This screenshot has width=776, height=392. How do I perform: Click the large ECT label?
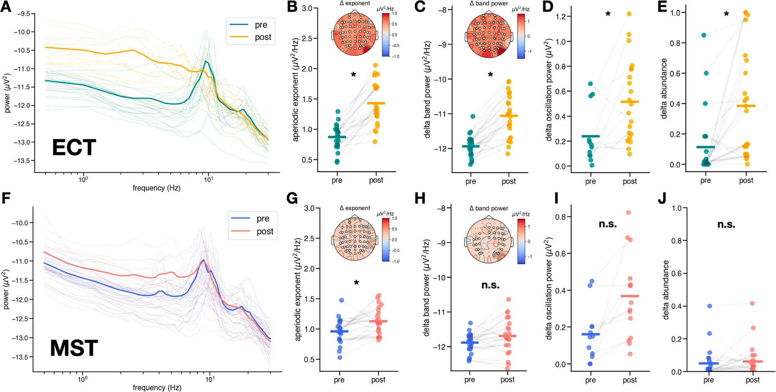(x=74, y=148)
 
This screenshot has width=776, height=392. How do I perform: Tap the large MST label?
(x=74, y=348)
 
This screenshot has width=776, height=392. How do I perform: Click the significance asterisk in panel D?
(x=608, y=14)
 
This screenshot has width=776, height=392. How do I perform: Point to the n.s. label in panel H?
(x=490, y=285)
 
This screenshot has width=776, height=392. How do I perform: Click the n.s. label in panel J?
(x=726, y=224)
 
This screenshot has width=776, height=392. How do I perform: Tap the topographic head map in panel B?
(x=355, y=34)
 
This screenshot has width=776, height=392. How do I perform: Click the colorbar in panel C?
(x=521, y=36)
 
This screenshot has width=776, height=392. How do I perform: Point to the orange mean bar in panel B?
(x=376, y=103)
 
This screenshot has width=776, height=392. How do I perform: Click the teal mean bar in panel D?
(x=591, y=136)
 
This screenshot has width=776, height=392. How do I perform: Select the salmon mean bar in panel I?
(x=630, y=296)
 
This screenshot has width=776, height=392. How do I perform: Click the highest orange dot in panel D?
(x=629, y=14)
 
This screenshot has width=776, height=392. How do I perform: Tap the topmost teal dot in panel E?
(x=704, y=35)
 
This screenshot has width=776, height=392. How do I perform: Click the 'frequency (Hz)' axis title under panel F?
(x=157, y=388)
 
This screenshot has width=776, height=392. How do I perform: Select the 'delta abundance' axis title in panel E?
(x=664, y=88)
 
